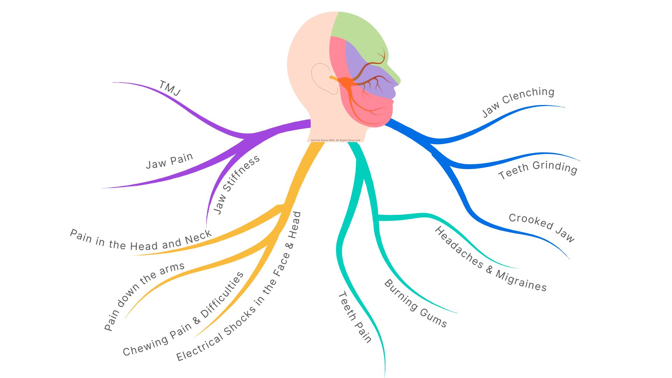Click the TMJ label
(x=170, y=88)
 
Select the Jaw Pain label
(x=169, y=161)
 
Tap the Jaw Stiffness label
(x=236, y=184)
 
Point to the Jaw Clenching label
(x=518, y=101)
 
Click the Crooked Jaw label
(x=542, y=227)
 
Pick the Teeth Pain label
(x=355, y=317)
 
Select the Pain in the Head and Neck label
(x=141, y=240)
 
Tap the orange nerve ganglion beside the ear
(x=345, y=82)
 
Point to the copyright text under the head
(x=335, y=140)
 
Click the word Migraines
(x=521, y=281)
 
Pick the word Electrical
(x=199, y=348)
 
